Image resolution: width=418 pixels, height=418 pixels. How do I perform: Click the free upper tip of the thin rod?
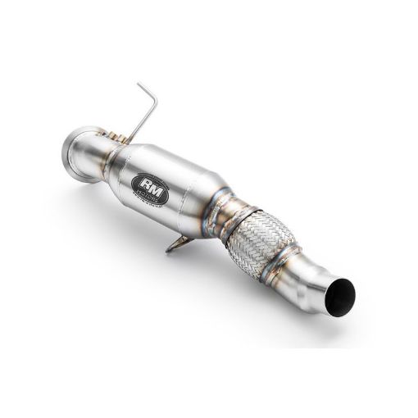[139, 84]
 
